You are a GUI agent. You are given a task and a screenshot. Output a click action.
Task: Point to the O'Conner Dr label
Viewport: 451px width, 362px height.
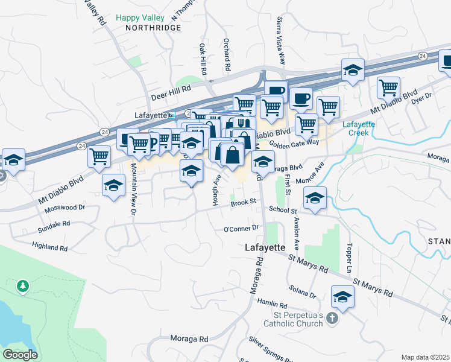coord(241,229)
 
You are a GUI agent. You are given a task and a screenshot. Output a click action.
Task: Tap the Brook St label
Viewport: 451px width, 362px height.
coord(244,203)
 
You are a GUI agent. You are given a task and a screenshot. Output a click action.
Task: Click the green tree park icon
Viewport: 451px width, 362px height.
coord(23,285)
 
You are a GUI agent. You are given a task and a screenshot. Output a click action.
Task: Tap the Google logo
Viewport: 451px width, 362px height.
coord(20,354)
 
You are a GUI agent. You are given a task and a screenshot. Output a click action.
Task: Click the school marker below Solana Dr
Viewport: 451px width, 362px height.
coord(342,297)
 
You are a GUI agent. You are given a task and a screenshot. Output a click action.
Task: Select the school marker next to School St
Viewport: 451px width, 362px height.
coord(315,197)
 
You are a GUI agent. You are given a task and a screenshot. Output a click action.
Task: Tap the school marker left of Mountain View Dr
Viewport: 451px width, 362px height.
coord(113,185)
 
